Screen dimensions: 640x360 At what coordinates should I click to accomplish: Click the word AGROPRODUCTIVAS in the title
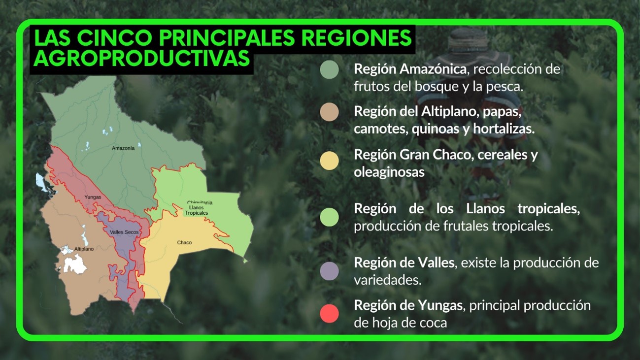142,58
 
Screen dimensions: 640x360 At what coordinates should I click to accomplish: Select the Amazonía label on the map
123,148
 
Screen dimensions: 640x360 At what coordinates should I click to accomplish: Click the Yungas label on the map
93,197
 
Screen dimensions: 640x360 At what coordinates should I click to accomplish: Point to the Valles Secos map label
124,232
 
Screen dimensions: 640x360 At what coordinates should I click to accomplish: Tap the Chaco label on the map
184,243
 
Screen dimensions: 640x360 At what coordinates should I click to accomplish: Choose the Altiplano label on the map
84,249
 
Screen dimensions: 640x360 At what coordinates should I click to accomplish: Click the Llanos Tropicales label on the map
196,210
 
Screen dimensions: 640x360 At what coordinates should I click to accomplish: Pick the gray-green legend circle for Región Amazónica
330,69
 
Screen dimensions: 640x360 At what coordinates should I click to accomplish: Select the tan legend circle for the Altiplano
330,112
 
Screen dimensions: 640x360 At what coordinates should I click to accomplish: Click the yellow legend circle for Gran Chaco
330,161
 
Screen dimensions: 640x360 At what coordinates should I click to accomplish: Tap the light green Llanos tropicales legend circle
330,217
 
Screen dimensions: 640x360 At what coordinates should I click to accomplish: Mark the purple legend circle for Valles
330,271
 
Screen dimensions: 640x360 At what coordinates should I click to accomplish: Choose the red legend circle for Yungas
330,314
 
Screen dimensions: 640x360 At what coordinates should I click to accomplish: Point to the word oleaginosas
389,172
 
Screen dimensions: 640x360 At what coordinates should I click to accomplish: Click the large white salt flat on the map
74,264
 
